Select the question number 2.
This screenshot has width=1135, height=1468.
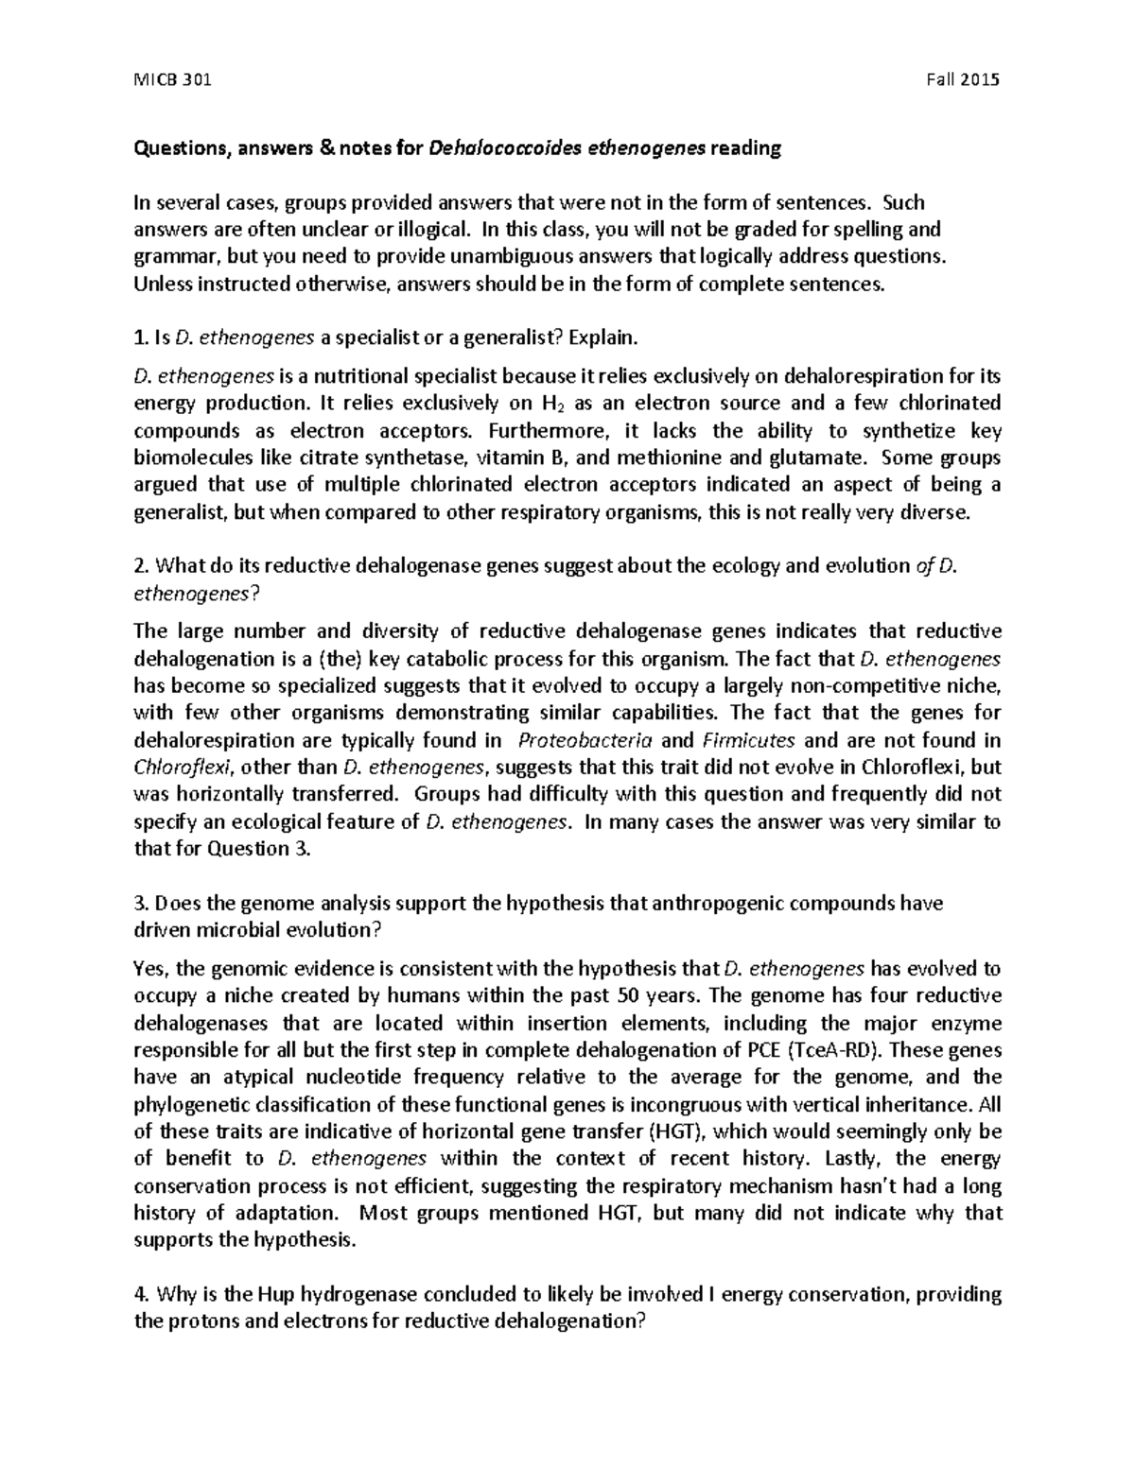[140, 566]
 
